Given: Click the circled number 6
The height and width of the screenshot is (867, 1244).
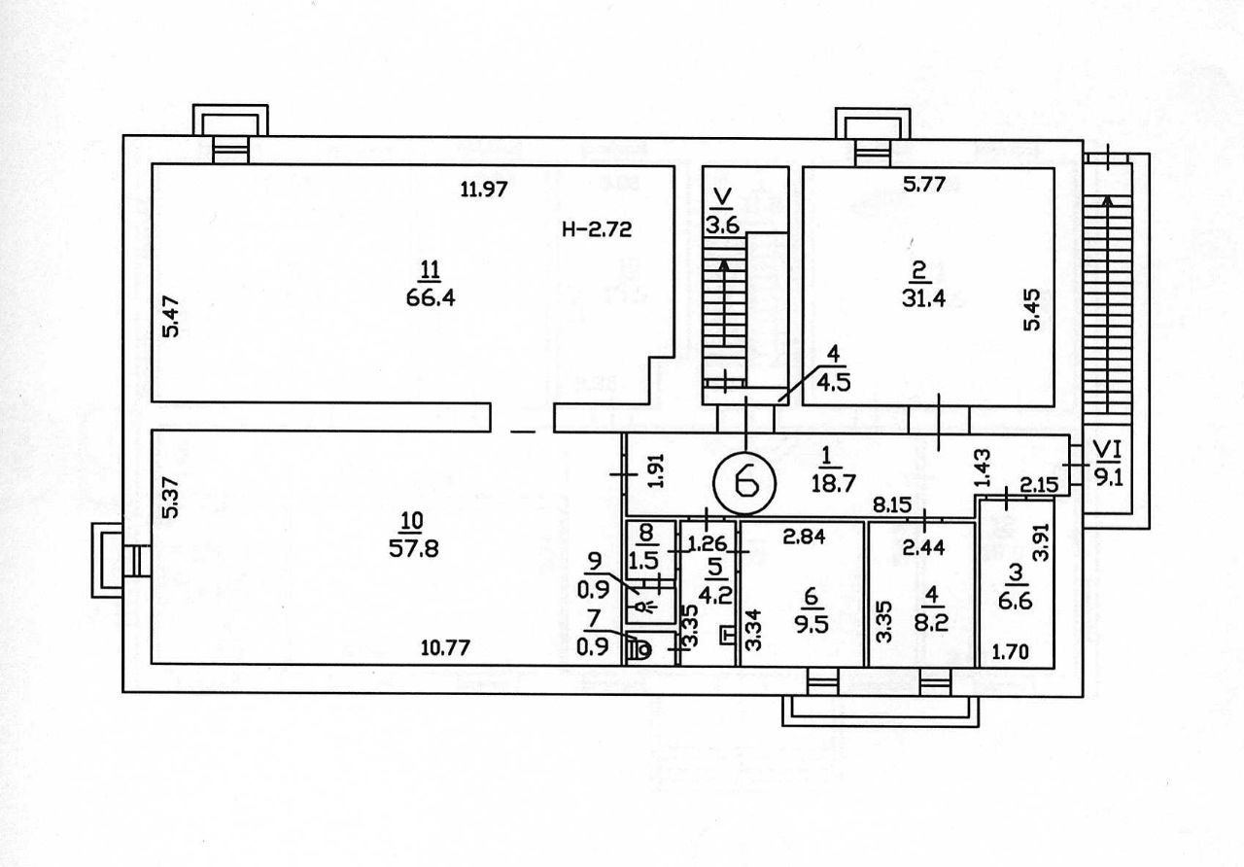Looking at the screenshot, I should [745, 481].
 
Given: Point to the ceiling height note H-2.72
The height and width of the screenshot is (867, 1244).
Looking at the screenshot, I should [597, 229].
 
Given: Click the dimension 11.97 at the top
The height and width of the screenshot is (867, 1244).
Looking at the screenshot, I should [484, 189].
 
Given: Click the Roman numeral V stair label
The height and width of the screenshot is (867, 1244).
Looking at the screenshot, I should [722, 199].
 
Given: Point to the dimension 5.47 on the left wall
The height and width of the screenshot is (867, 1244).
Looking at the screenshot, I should [172, 317].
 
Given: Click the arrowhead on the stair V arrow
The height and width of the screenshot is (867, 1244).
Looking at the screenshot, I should [723, 262].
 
